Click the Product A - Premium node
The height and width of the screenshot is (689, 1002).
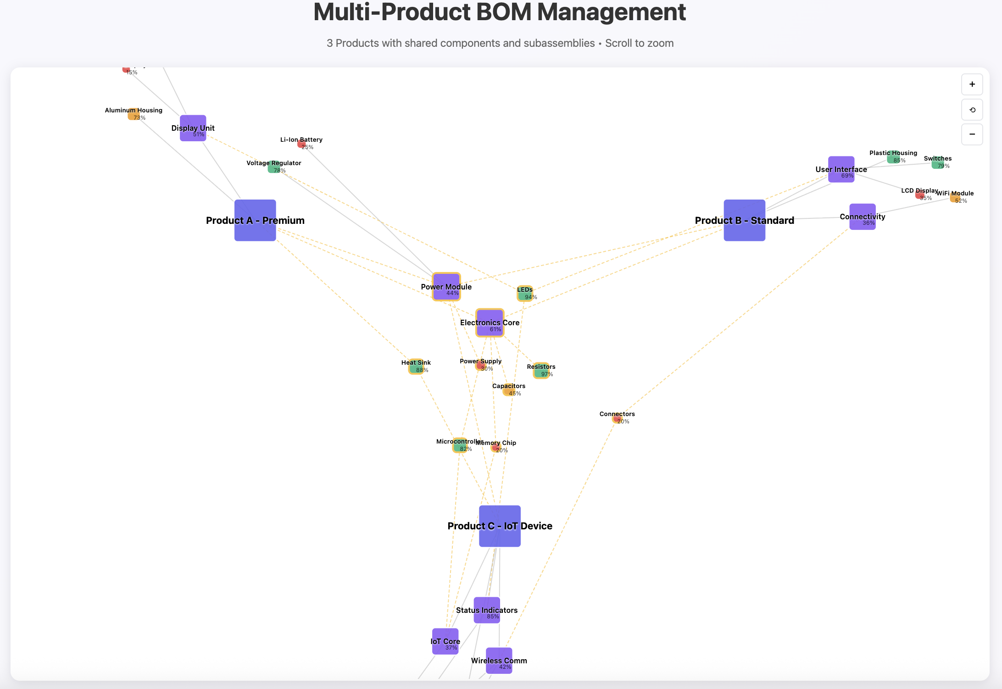click(255, 220)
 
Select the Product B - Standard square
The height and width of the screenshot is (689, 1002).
click(744, 220)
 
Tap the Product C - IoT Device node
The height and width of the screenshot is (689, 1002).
click(500, 526)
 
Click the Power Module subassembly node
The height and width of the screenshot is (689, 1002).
click(446, 287)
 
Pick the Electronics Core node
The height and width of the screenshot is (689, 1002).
click(490, 322)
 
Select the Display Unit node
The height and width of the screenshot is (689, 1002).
click(193, 128)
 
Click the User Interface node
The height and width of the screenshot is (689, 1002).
click(841, 169)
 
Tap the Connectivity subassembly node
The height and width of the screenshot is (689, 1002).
click(862, 217)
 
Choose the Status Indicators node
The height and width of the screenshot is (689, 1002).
click(486, 610)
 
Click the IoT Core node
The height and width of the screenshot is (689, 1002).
click(445, 641)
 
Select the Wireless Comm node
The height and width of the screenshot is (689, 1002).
click(499, 661)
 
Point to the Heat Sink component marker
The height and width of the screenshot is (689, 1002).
click(416, 367)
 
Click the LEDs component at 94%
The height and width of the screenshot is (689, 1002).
click(525, 293)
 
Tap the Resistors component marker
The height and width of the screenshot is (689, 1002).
click(541, 371)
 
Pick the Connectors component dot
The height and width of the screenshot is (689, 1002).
click(617, 418)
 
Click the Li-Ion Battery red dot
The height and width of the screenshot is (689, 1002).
click(301, 144)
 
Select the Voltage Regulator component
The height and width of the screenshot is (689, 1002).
click(273, 167)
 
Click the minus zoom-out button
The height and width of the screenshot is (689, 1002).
click(972, 134)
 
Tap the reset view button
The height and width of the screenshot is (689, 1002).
click(972, 110)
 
